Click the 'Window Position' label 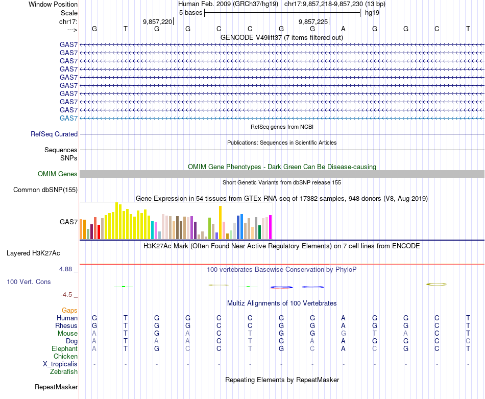[x=53, y=4]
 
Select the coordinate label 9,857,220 [x=157, y=21]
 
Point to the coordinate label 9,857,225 [x=313, y=21]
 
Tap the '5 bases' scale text [x=190, y=13]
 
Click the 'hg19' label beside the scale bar [x=371, y=13]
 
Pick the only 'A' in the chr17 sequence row [x=344, y=29]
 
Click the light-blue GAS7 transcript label [x=68, y=119]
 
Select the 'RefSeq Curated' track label [x=54, y=134]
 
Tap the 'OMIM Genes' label [x=57, y=174]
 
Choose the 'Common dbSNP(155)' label [x=45, y=190]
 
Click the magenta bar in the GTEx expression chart [x=270, y=227]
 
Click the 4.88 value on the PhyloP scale [x=68, y=269]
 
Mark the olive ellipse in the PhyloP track [x=436, y=284]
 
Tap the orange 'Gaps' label [x=69, y=310]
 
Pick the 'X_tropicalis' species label [x=60, y=364]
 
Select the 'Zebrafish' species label [x=64, y=372]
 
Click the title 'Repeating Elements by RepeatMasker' [x=282, y=380]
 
